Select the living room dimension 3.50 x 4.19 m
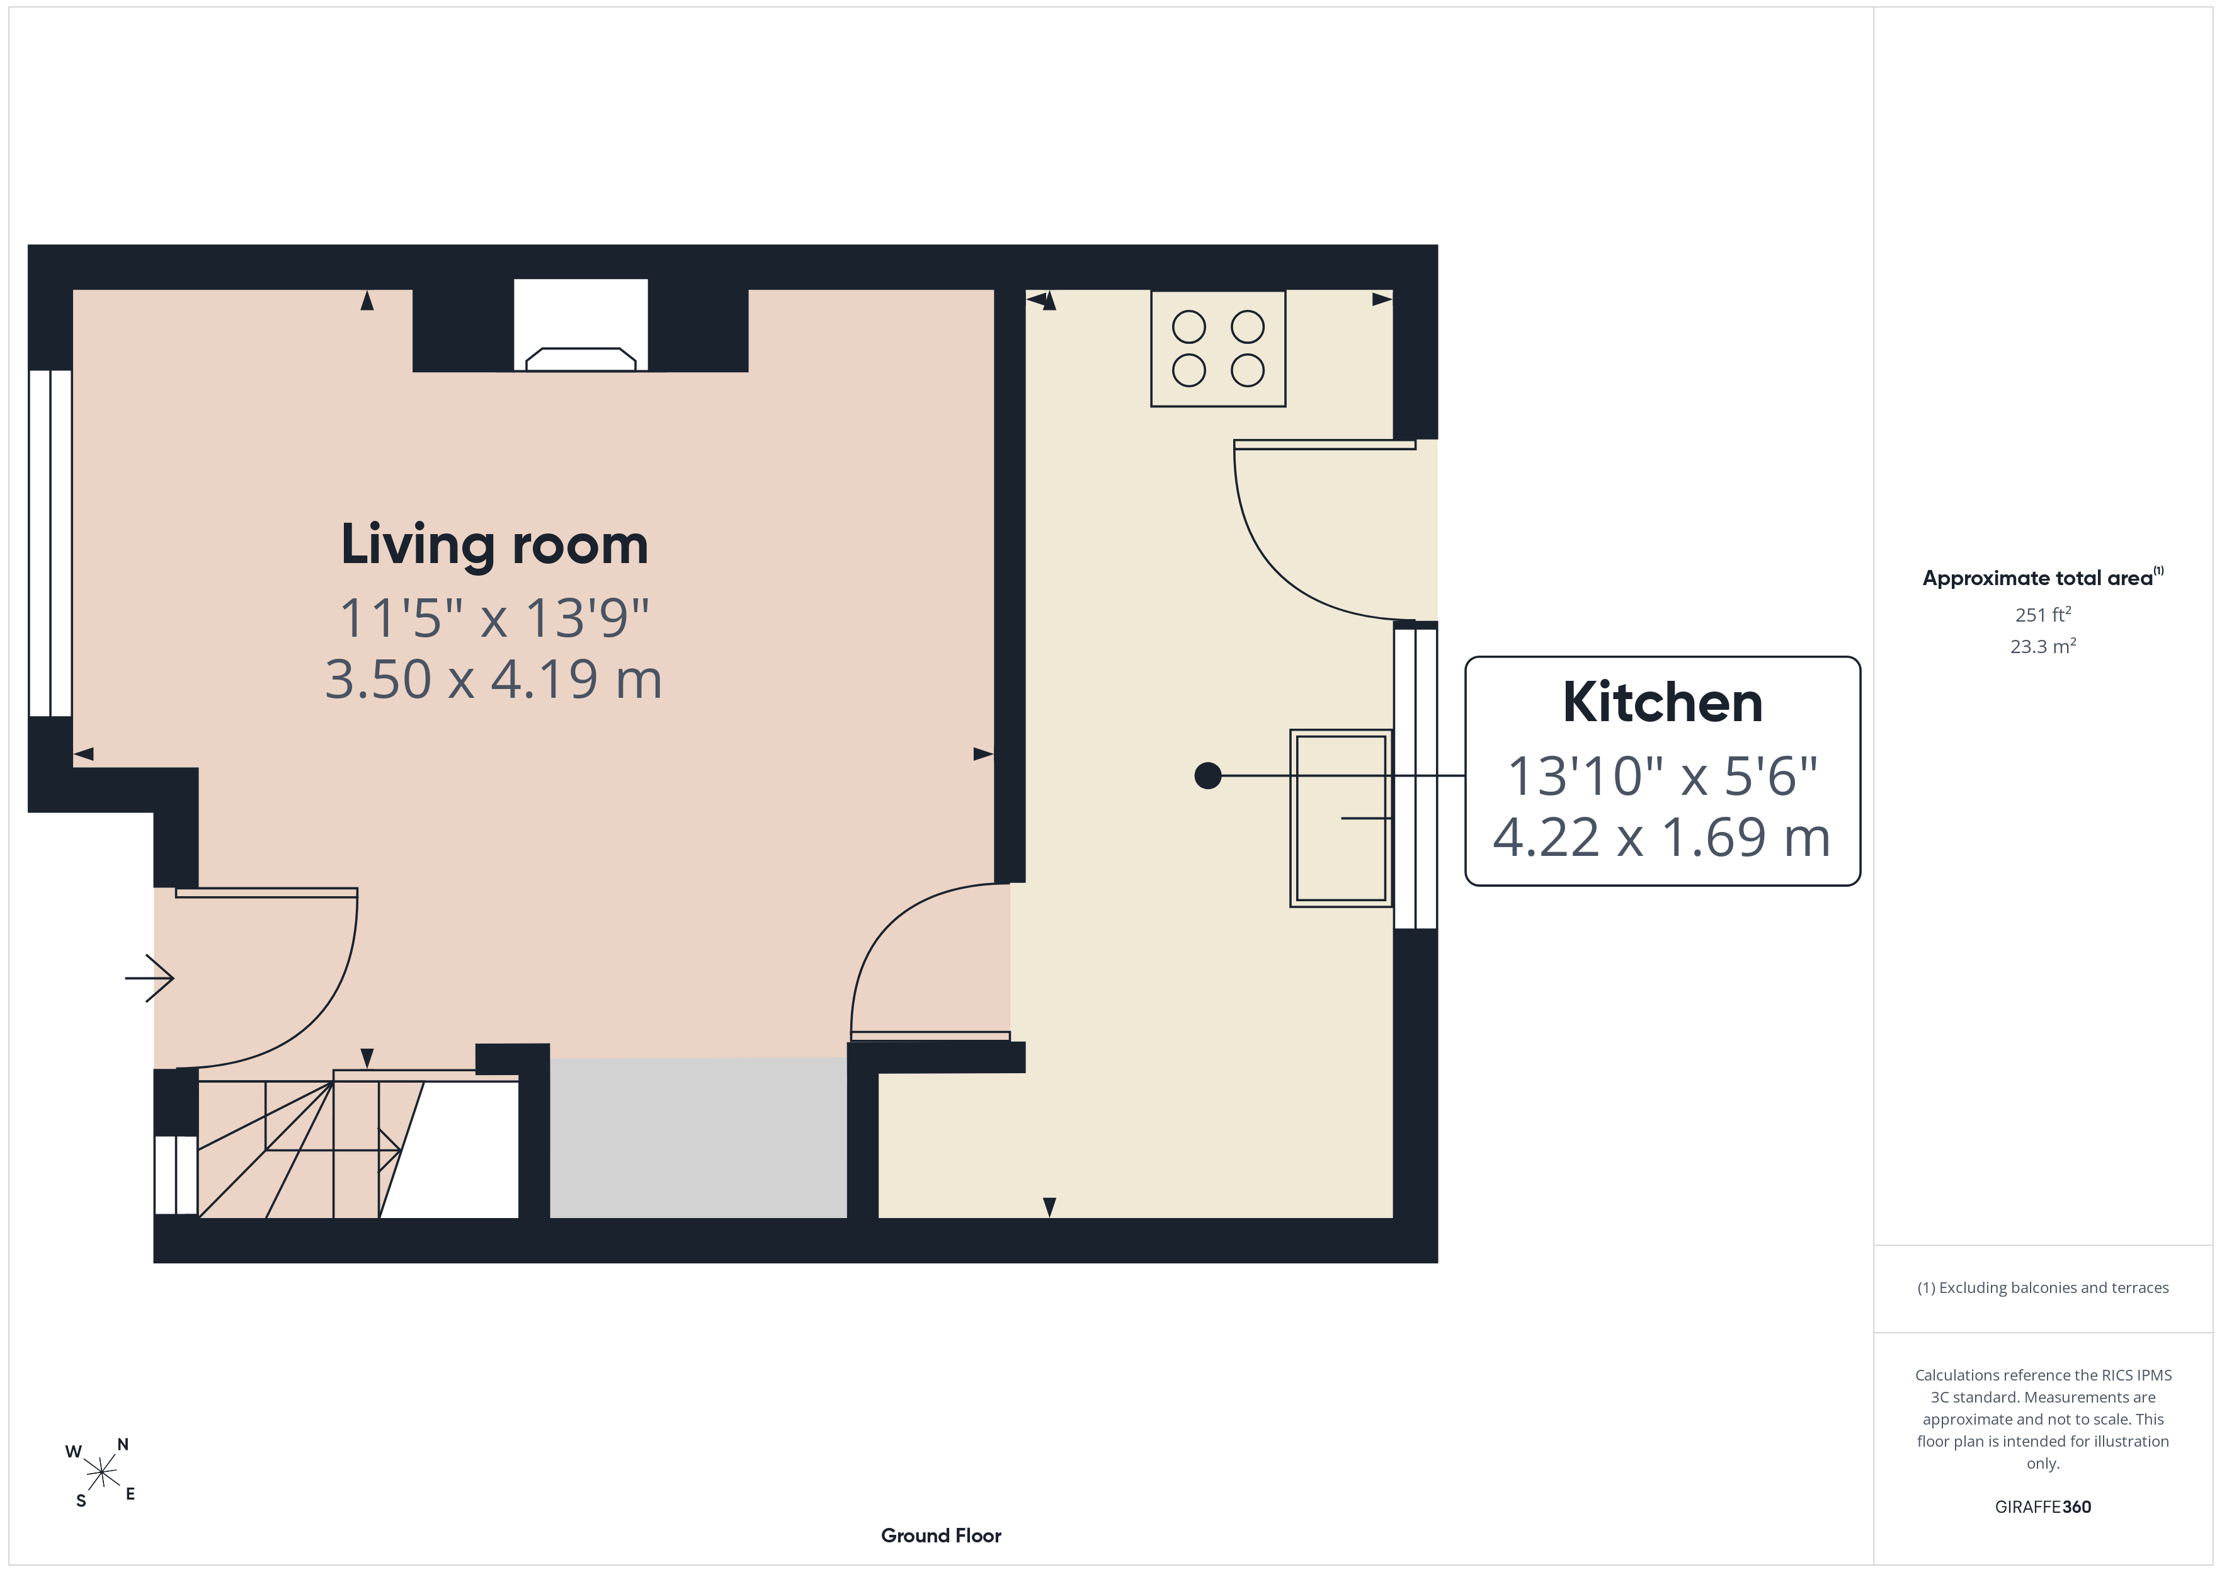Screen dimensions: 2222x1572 click(x=494, y=680)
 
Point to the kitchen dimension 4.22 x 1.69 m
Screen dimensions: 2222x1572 click(x=1661, y=837)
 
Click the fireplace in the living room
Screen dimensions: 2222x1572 click(x=581, y=325)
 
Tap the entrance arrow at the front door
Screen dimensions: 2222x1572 click(x=149, y=977)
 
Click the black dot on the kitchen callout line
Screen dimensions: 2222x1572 click(x=1208, y=775)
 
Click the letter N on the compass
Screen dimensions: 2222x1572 click(x=123, y=1444)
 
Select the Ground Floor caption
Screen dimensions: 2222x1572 click(x=941, y=1535)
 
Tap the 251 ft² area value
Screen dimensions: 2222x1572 click(x=2043, y=615)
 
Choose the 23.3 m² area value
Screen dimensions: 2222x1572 click(x=2043, y=646)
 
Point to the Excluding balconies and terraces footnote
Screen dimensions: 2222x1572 click(x=2043, y=1287)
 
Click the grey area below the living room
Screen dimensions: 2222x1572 click(x=698, y=1137)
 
